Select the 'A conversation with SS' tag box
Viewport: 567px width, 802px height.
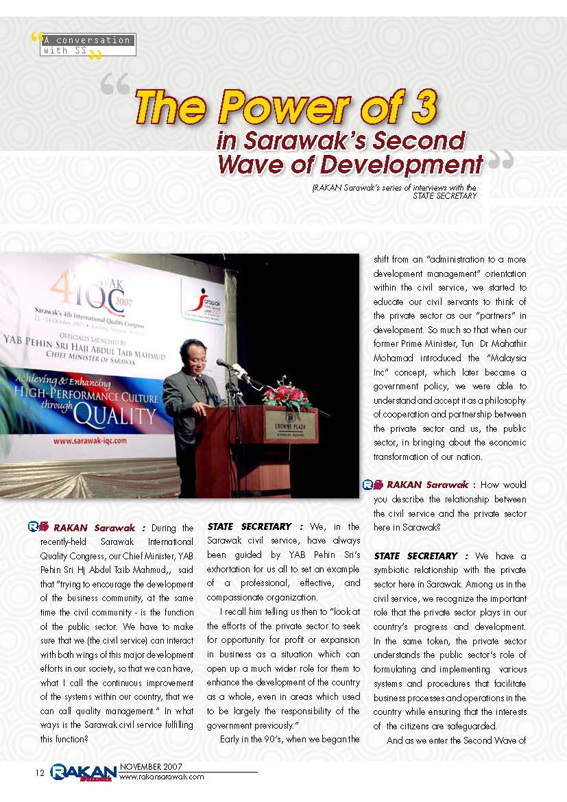[87, 45]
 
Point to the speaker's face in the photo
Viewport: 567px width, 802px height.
[189, 353]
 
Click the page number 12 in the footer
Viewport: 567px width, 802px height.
[40, 773]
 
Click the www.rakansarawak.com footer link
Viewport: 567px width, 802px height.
[162, 777]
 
